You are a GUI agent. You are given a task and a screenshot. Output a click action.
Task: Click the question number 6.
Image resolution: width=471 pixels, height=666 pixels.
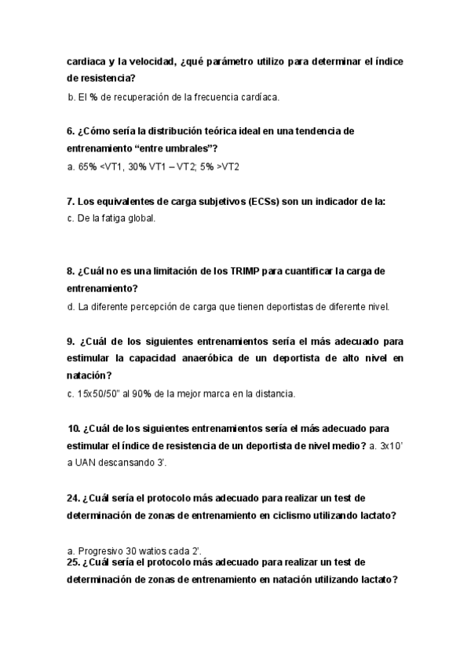tap(71, 131)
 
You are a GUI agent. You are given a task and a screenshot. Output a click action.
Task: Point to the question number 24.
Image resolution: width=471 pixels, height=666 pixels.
tap(73, 498)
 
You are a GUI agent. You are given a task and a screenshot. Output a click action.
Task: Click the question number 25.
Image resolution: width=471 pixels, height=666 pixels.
tap(73, 562)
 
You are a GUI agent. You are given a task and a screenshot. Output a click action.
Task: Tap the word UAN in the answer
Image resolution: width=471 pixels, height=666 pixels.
tap(87, 463)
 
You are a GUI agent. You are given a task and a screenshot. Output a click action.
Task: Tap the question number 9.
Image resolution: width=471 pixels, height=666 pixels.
tap(71, 342)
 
